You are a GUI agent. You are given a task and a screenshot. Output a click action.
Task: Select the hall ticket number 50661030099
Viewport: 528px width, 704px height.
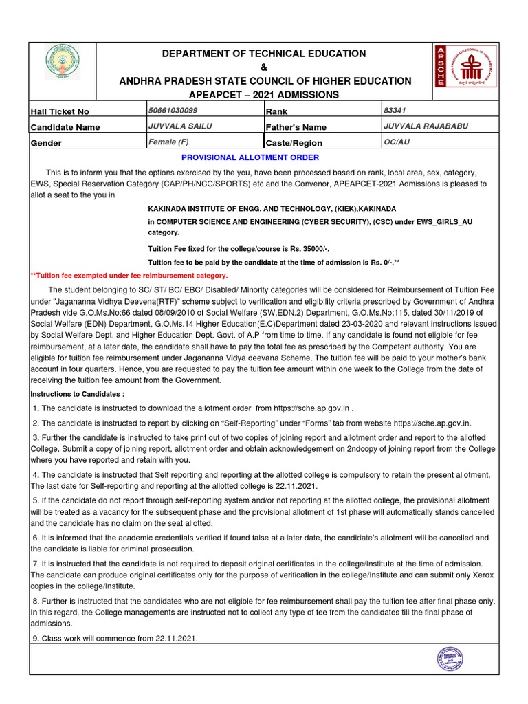pos(173,110)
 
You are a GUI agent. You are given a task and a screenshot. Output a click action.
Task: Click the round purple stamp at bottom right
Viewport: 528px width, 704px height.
pos(450,659)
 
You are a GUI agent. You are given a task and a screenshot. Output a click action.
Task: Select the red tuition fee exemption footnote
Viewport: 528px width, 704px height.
pos(129,275)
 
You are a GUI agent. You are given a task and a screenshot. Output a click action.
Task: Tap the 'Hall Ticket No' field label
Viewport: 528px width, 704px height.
pos(60,111)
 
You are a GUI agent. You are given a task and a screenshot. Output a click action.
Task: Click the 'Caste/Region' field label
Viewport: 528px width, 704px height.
pos(294,143)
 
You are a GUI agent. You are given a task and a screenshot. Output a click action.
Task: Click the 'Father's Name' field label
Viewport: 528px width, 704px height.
pos(296,127)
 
